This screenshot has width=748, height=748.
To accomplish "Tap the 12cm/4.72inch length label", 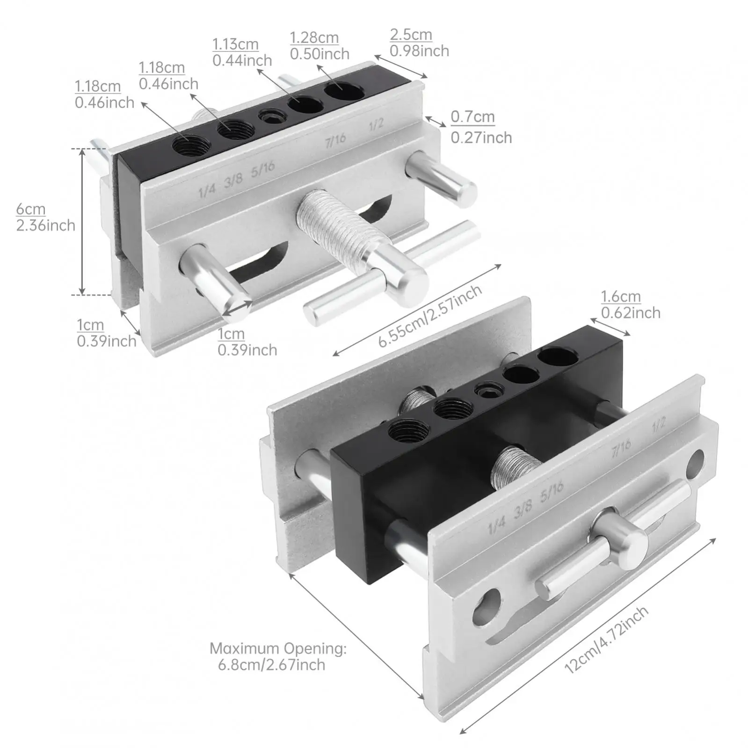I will (606, 639).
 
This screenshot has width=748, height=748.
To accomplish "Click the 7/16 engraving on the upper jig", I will (335, 139).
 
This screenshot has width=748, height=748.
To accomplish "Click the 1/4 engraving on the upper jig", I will (207, 191).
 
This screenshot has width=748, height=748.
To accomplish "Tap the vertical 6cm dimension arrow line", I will (82, 222).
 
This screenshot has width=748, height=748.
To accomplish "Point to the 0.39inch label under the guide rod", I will (247, 350).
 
